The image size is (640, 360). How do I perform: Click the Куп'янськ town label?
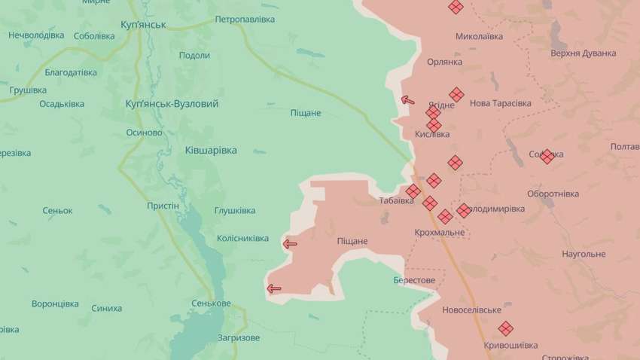(x=143, y=25)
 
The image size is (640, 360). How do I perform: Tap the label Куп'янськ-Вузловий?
(x=172, y=103)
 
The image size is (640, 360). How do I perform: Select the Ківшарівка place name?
(x=211, y=150)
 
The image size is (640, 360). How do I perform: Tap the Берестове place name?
(x=414, y=279)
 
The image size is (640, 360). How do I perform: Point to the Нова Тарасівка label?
(x=500, y=103)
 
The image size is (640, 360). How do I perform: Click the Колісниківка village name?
(x=242, y=238)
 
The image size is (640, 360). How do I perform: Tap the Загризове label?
(x=238, y=337)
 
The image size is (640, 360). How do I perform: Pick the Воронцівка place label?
(x=55, y=304)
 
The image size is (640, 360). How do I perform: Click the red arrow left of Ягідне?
(x=407, y=99)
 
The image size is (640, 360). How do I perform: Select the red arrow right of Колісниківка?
(x=289, y=243)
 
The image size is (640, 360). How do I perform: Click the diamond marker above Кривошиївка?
(x=505, y=328)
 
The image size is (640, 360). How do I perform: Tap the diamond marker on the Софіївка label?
(x=547, y=156)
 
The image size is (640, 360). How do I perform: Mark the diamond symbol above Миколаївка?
(x=455, y=8)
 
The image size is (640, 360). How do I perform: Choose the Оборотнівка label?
(x=553, y=193)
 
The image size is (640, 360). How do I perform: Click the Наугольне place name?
(x=584, y=254)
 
